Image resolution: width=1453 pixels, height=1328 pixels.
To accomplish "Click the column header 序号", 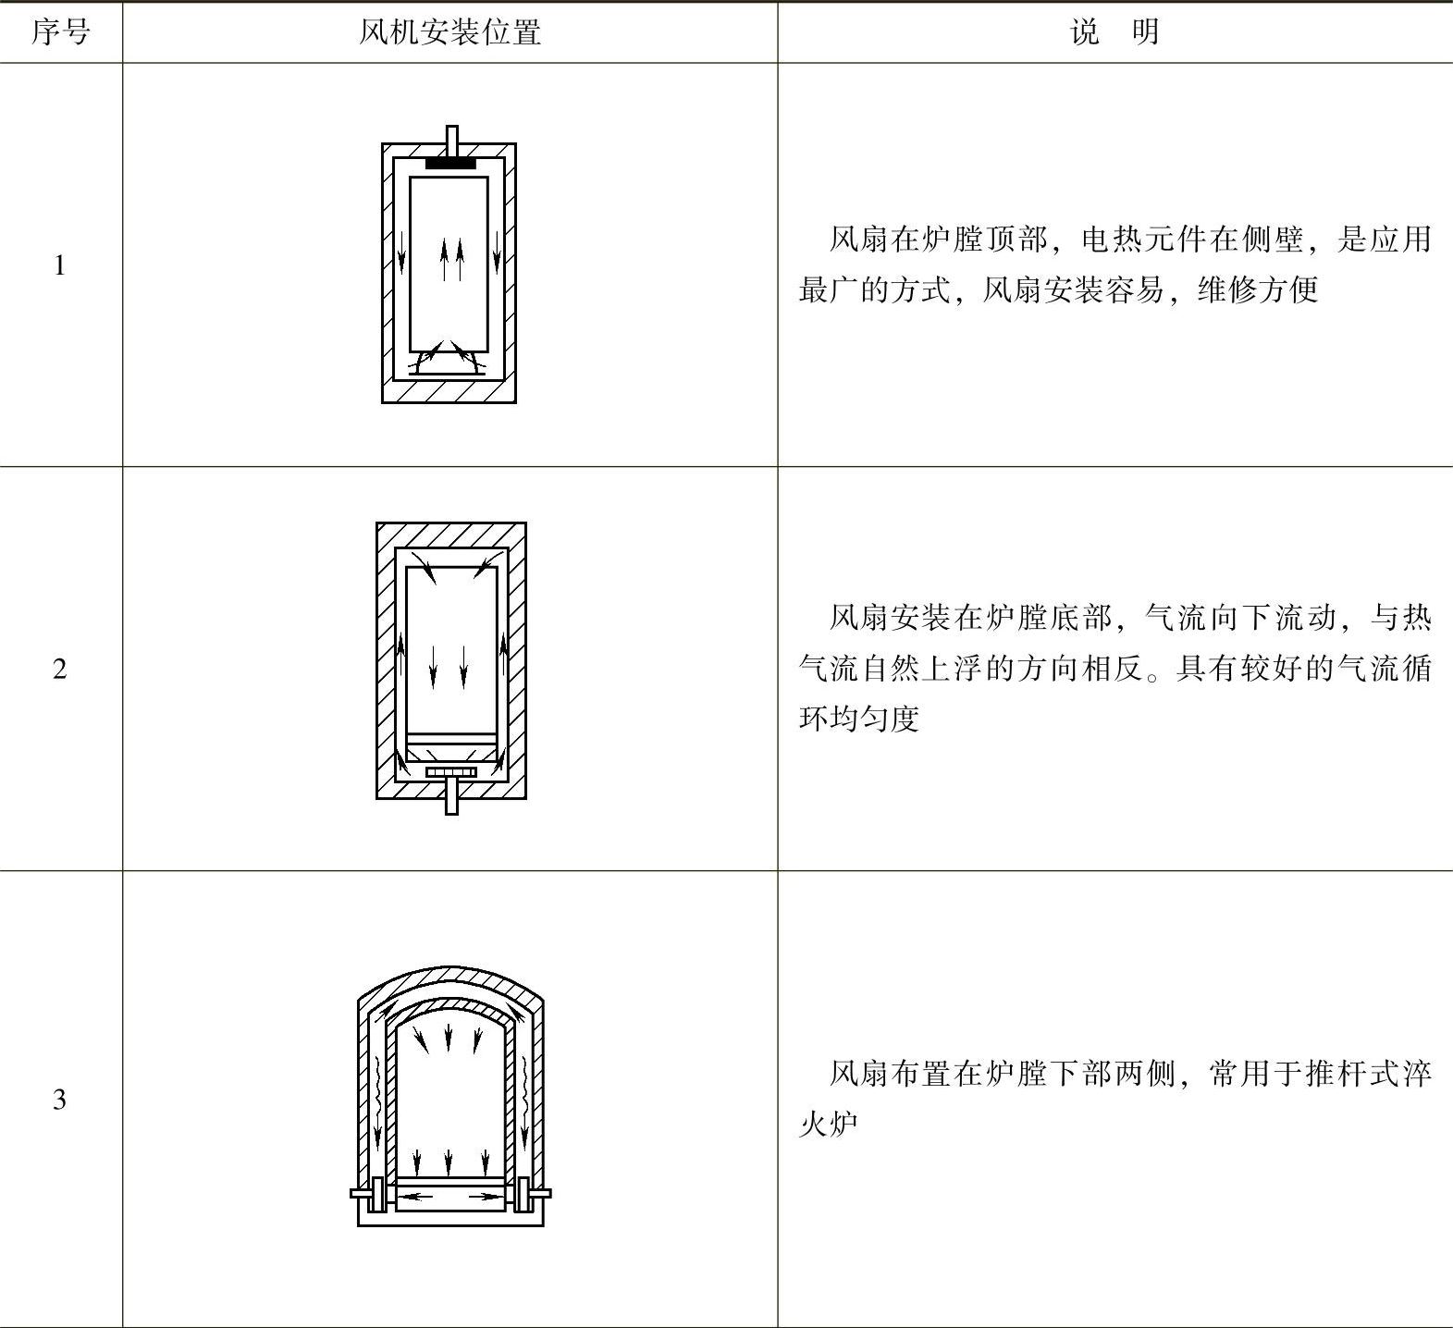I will [61, 32].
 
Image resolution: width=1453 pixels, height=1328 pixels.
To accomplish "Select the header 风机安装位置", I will [449, 32].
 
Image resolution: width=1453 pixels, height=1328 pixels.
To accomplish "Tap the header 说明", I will [1114, 32].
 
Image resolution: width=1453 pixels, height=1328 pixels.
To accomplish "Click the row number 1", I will [60, 266].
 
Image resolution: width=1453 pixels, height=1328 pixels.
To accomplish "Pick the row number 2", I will [60, 669].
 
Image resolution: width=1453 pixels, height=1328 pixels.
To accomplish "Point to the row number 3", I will [60, 1100].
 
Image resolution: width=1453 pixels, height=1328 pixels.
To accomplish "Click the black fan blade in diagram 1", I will [450, 164].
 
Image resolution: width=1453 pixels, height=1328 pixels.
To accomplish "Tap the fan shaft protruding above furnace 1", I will [451, 137].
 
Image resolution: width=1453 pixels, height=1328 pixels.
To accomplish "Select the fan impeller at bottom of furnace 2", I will [451, 772].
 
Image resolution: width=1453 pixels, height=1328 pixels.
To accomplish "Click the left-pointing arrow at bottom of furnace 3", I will [421, 1197].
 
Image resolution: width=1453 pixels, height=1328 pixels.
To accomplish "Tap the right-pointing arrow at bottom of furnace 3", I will [482, 1197].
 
